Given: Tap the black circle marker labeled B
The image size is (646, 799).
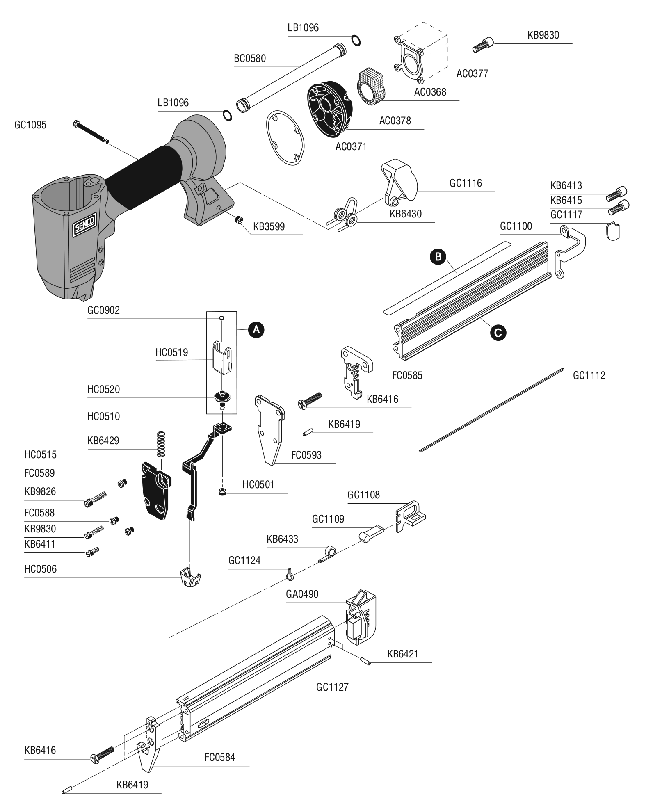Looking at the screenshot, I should click(x=438, y=257).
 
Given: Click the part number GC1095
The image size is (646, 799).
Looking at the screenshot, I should click(x=30, y=125).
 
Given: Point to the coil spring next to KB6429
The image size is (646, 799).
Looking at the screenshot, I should click(x=162, y=444).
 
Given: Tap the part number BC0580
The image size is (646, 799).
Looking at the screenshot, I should click(x=250, y=58).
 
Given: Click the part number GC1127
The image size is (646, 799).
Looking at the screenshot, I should click(x=332, y=687).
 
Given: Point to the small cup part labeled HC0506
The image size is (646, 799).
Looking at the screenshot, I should click(x=190, y=578).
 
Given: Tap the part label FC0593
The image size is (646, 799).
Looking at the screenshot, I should click(x=306, y=455).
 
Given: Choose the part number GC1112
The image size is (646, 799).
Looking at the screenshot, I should click(x=589, y=375).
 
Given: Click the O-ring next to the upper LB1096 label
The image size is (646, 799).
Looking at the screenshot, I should click(x=356, y=41).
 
